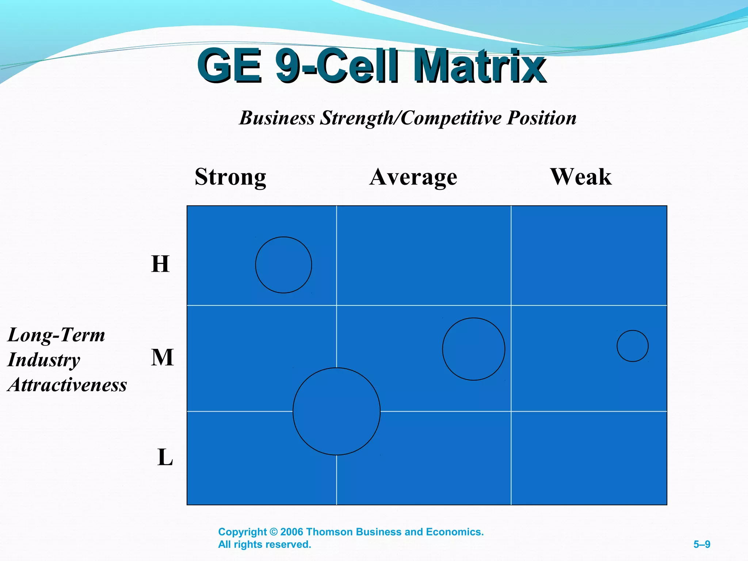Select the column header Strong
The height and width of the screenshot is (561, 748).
(x=230, y=177)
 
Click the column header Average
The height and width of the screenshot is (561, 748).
(x=413, y=177)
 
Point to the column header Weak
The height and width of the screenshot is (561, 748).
(x=581, y=177)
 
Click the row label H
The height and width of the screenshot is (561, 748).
(x=160, y=264)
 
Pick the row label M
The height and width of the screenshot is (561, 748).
(x=162, y=357)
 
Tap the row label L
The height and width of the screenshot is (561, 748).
(x=165, y=457)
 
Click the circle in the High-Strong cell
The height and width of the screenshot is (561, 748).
(x=283, y=265)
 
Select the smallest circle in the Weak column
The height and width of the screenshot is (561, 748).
(x=633, y=346)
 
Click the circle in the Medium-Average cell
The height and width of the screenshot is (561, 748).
(x=473, y=349)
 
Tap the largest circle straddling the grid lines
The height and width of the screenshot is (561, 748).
(x=336, y=411)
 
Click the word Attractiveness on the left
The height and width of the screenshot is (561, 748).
(x=67, y=385)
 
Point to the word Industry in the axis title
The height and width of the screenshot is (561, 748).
(x=44, y=360)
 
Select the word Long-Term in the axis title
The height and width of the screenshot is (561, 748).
(x=56, y=335)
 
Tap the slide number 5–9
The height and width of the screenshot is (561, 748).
(x=702, y=545)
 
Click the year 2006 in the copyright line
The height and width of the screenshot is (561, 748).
(x=292, y=532)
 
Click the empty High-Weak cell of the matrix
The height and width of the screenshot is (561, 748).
(x=589, y=255)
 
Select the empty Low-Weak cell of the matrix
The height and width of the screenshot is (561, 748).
(x=589, y=458)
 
